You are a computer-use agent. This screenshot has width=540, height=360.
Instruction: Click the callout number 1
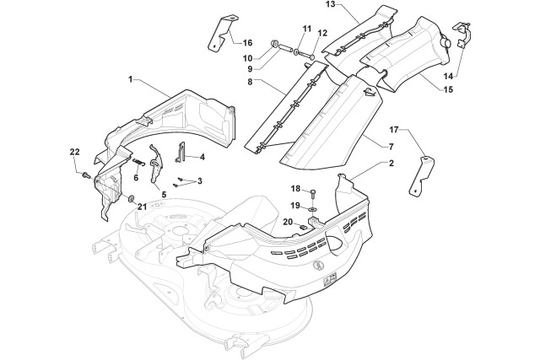pos(131,78)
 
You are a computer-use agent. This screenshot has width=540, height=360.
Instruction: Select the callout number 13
pos(307,6)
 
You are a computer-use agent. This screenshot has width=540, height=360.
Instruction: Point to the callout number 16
pos(246,42)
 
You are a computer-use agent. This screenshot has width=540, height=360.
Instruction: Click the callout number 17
pos(394,130)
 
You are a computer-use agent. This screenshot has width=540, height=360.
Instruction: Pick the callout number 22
pos(74,151)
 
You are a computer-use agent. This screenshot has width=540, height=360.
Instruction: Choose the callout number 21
pos(142,207)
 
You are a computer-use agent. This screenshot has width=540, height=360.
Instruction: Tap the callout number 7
pos(367,147)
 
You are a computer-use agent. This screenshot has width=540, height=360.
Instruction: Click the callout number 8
pos(250,82)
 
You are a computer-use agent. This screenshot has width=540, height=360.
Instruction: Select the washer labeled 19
pos(314,207)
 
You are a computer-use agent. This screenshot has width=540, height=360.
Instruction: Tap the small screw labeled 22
pos(87,175)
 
